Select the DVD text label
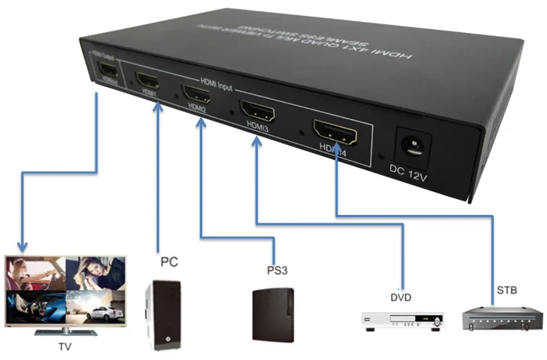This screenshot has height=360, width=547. click(x=400, y=297)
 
